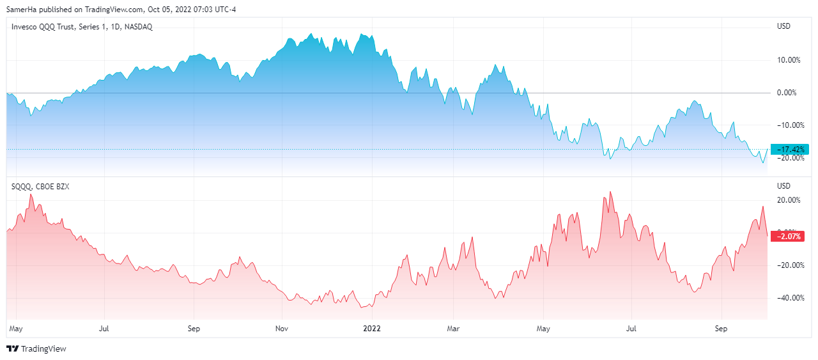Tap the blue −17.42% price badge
[790, 150]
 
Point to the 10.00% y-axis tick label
[787, 60]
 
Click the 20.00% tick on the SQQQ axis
[787, 200]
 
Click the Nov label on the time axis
[282, 329]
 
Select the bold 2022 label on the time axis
[371, 329]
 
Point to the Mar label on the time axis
[453, 329]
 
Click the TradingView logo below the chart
[36, 349]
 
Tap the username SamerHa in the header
[22, 10]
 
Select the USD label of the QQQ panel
[783, 26]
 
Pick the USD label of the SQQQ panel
[783, 186]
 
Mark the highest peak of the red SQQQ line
[610, 191]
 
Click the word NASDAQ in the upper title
[138, 26]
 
